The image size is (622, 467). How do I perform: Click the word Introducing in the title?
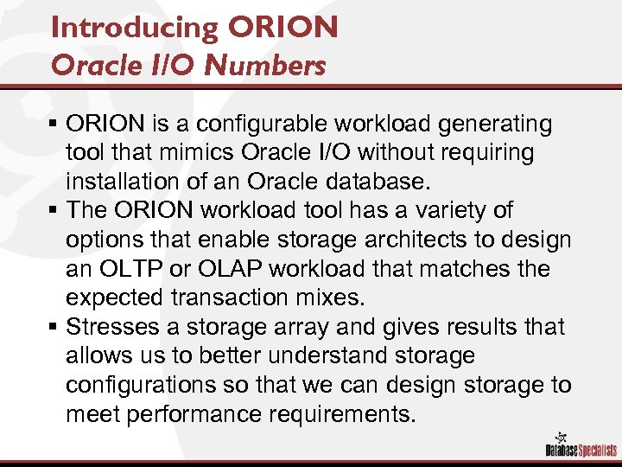(134, 28)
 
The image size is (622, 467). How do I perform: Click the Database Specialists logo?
(577, 443)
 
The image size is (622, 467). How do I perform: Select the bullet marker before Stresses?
(55, 327)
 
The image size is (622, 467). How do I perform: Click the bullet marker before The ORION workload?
(55, 211)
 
